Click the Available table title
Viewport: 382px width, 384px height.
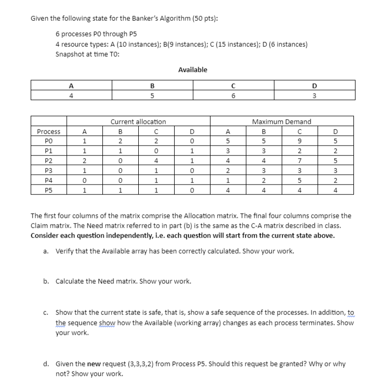tap(192, 70)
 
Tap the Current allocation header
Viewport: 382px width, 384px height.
tap(138, 122)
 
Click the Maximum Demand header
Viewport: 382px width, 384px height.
tap(281, 122)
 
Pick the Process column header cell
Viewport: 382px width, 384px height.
tap(48, 131)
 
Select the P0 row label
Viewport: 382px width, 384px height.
tap(48, 141)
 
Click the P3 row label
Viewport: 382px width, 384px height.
tap(48, 170)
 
